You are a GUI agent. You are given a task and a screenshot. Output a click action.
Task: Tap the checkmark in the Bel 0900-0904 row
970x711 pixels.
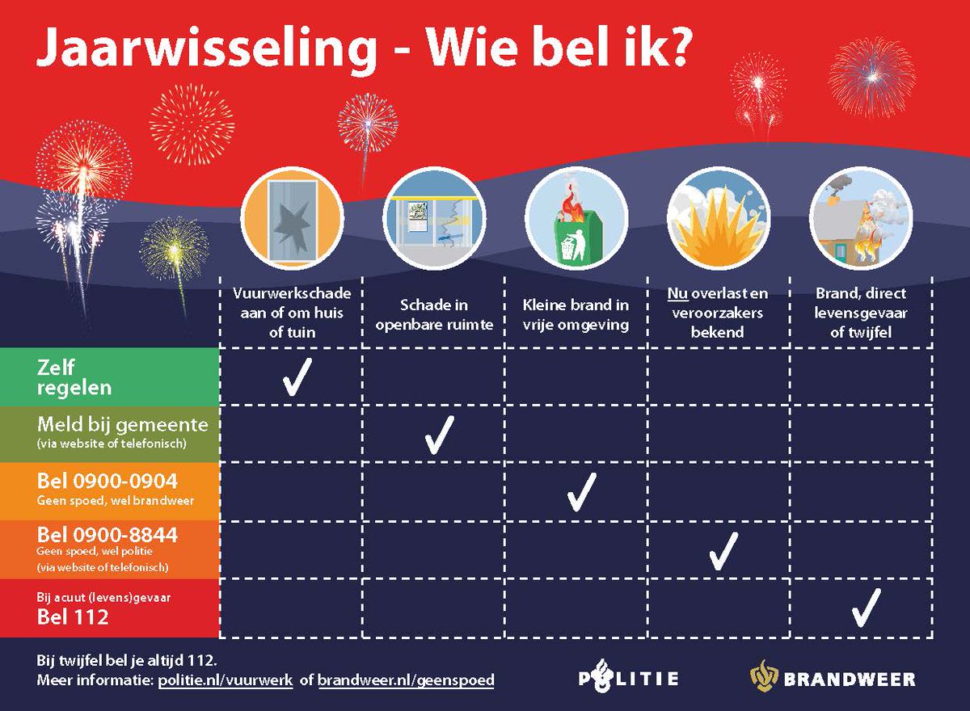tap(581, 491)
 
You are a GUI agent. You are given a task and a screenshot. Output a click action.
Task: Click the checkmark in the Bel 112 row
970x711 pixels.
tap(865, 608)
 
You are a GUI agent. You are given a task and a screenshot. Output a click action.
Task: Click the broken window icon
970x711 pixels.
tap(292, 217)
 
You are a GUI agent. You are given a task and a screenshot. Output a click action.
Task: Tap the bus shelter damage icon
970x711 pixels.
tap(434, 217)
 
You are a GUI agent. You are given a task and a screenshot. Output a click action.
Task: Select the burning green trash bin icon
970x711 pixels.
tap(576, 217)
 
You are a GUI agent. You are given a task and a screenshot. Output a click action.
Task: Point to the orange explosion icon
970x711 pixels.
tap(719, 217)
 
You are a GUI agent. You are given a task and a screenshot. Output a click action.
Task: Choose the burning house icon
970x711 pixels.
tap(860, 217)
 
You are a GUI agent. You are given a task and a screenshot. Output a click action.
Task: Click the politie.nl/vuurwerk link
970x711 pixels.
tap(225, 680)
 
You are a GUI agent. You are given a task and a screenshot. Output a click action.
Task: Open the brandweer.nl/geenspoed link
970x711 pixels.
tap(405, 680)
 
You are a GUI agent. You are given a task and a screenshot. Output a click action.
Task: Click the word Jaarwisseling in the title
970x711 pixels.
tap(206, 50)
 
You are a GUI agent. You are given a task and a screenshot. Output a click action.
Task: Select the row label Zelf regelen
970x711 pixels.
tap(74, 377)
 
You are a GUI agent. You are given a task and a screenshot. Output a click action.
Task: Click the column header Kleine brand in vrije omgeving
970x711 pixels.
tap(576, 313)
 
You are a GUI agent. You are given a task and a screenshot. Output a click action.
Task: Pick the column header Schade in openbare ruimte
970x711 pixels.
tap(434, 313)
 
